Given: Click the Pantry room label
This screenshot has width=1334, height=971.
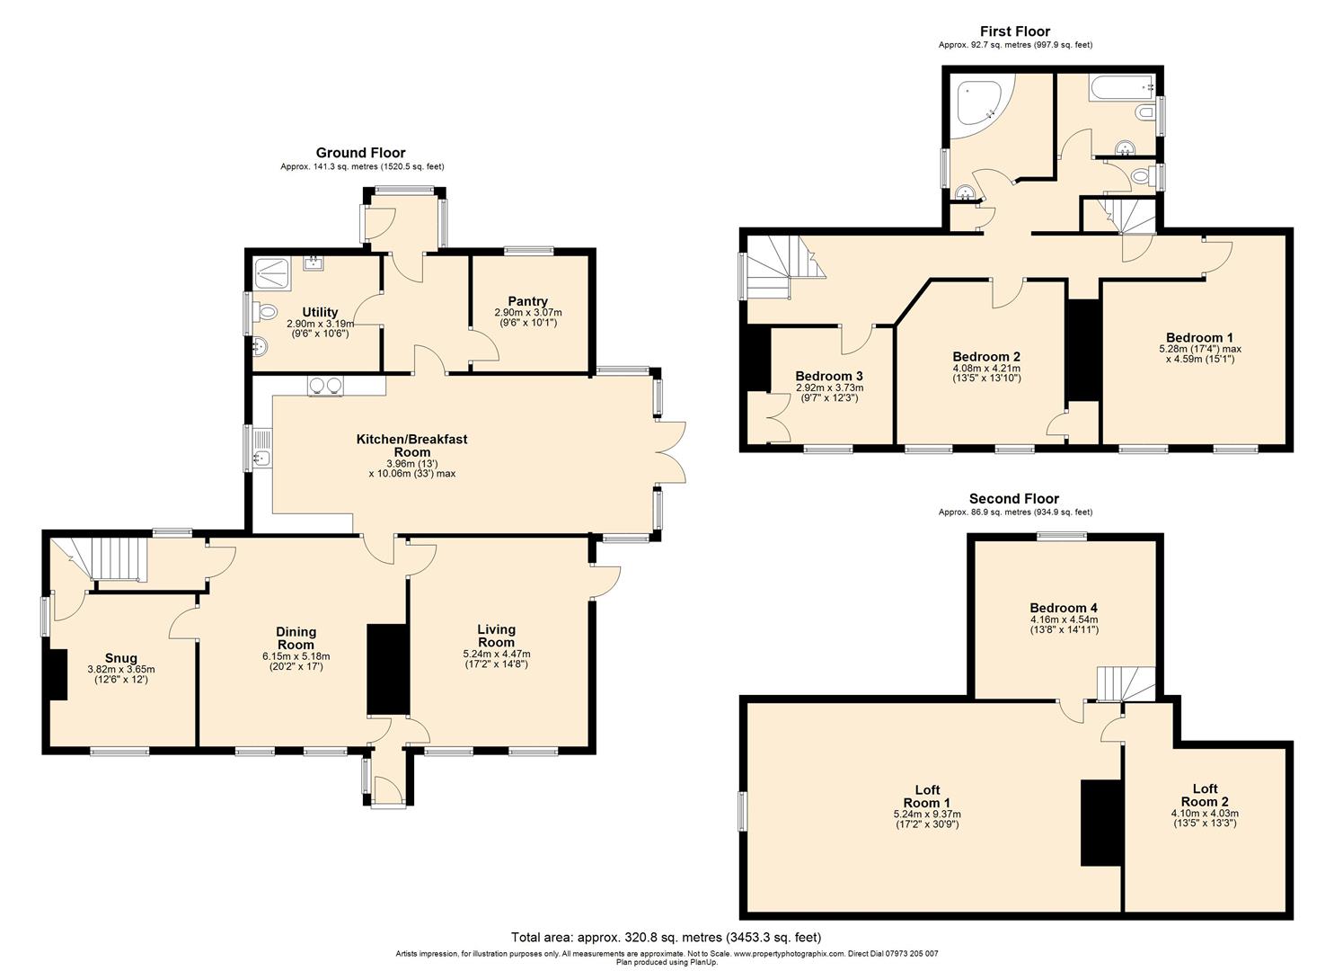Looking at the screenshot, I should [x=527, y=301].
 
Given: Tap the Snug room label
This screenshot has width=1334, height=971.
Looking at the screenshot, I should [x=121, y=658].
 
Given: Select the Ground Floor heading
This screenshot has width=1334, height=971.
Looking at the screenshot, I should [x=360, y=153].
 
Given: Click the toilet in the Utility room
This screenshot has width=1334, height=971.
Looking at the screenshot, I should [x=265, y=312].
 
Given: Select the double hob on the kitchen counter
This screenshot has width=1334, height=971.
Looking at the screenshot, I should [x=325, y=386].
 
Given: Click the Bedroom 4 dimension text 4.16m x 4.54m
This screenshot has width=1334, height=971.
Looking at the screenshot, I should [x=1064, y=619].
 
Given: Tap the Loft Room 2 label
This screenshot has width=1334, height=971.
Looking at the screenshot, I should [x=1204, y=795].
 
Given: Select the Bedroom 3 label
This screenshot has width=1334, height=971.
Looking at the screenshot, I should [x=829, y=376].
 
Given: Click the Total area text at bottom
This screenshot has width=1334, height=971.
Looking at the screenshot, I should [x=666, y=937].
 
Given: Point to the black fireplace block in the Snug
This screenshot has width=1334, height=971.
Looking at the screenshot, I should [x=57, y=674].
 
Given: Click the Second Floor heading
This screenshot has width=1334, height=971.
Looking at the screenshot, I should [x=1013, y=499].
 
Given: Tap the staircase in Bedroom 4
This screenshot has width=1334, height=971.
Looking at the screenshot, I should [x=1123, y=683].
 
